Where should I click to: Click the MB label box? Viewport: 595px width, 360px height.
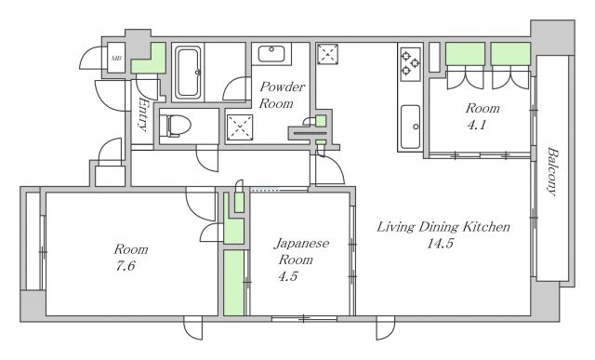click(x=116, y=59)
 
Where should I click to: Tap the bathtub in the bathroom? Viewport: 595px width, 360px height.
click(x=189, y=73)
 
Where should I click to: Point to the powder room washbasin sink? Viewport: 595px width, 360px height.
click(x=273, y=54)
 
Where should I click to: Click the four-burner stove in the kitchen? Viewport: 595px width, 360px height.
click(x=411, y=62)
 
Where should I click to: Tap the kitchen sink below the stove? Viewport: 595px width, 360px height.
click(x=410, y=127)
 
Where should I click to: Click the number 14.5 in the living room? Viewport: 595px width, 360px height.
click(x=440, y=244)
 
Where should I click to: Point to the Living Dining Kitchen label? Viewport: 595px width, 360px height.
click(x=443, y=226)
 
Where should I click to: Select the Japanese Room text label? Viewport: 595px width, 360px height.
click(x=300, y=251)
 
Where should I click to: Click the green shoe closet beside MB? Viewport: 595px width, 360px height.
click(x=149, y=59)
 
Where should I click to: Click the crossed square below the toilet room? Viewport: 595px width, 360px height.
click(x=240, y=127)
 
